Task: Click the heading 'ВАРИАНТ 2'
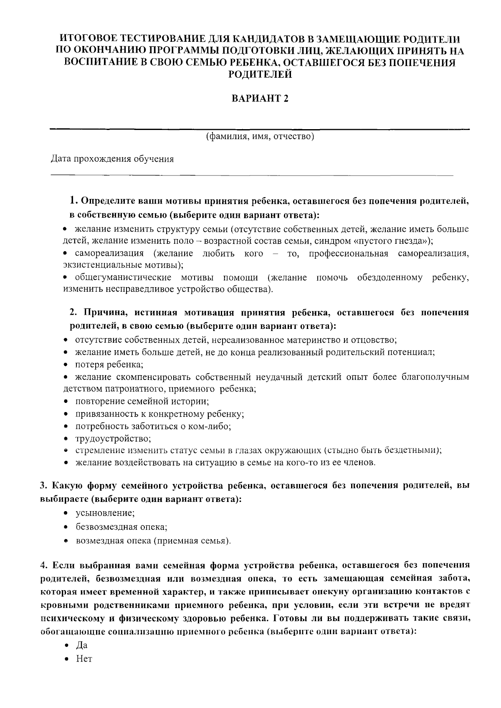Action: point(260,99)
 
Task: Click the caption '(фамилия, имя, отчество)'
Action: point(260,137)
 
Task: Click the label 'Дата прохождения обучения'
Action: point(112,159)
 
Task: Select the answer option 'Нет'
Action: point(83,659)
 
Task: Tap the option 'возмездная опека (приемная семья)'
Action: point(153,541)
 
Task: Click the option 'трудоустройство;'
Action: point(113,439)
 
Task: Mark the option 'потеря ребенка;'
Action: point(109,364)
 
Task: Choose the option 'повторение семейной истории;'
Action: point(142,402)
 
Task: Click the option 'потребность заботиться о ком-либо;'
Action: point(153,426)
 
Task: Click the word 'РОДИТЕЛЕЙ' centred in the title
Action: point(260,75)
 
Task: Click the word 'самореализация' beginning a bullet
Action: point(109,254)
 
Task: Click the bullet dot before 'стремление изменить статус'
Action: point(66,451)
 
